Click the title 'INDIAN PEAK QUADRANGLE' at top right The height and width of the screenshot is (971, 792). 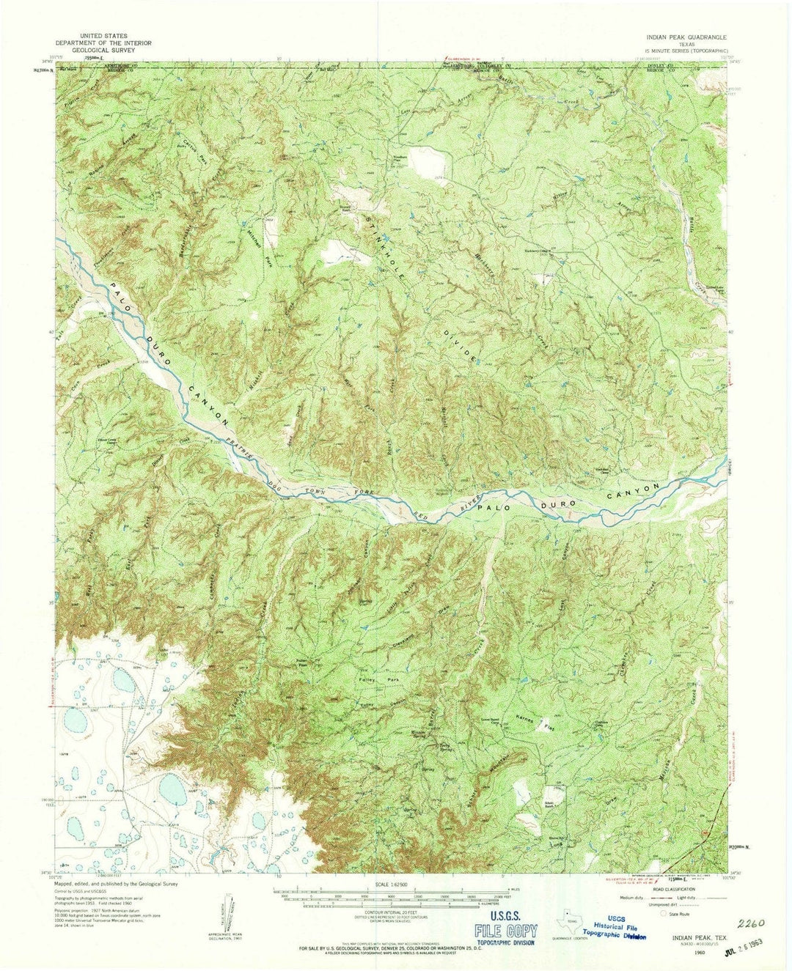click(686, 35)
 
